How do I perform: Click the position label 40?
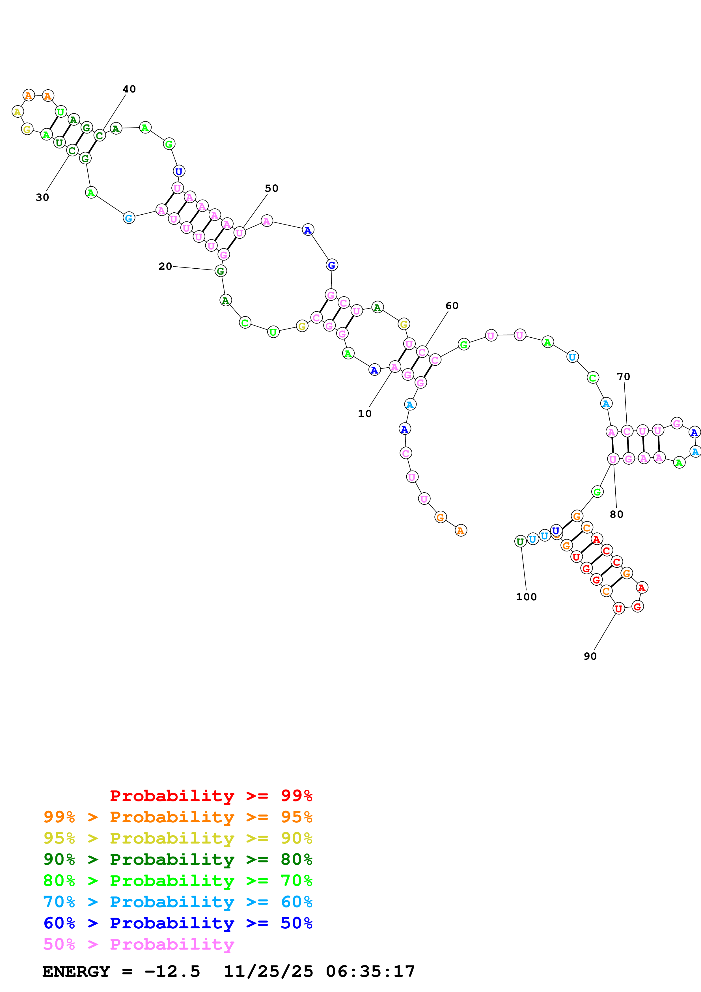point(129,89)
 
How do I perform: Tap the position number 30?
point(42,197)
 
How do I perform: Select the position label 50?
point(271,188)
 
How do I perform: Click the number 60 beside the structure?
point(452,305)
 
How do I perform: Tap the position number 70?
point(623,376)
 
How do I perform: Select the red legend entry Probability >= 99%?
point(211,795)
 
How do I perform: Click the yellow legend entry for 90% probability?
point(178,838)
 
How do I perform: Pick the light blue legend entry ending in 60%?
point(178,902)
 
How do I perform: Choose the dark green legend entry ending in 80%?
point(178,859)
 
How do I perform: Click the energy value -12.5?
point(172,971)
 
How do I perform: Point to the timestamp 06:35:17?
point(370,971)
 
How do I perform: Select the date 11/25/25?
point(268,971)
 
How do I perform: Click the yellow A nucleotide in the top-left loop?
point(17,112)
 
